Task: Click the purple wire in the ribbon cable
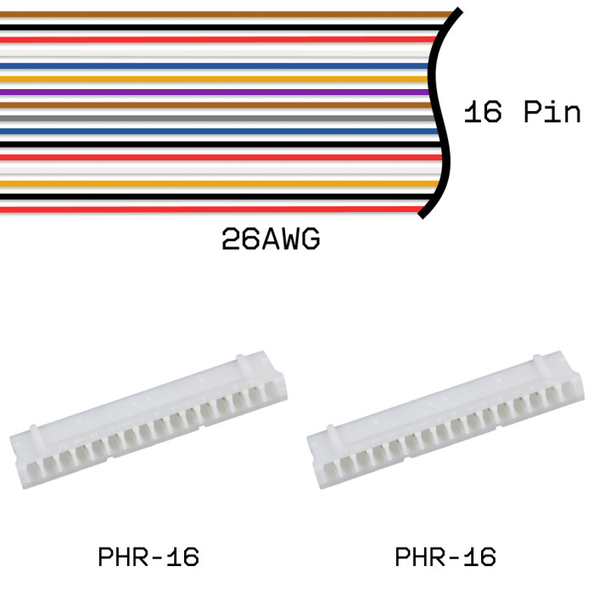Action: coord(212,92)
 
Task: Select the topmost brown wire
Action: coord(212,14)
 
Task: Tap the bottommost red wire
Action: coord(212,209)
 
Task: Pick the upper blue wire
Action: coord(212,65)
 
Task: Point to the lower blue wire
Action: coord(212,131)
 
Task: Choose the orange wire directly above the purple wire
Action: coord(212,79)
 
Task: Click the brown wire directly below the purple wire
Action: coord(212,104)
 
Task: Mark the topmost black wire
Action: coord(212,27)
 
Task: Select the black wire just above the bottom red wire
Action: coord(212,196)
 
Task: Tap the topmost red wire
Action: coord(212,40)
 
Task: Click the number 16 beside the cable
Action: coord(483,113)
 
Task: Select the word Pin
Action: coord(552,113)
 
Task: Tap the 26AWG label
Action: coord(271,240)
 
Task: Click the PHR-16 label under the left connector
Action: coord(148,558)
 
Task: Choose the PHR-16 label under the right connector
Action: coord(445,558)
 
